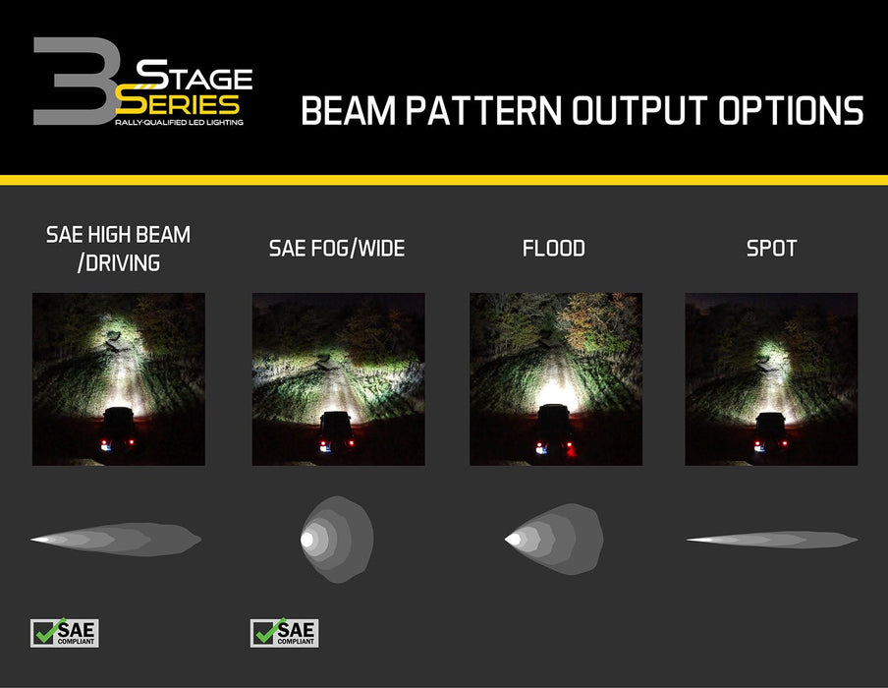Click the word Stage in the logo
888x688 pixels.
coord(194,76)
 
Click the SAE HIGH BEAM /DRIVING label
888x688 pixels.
coord(119,248)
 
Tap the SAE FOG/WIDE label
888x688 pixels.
coord(337,249)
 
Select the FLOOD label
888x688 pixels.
coord(554,249)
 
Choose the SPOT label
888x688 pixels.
coord(771,249)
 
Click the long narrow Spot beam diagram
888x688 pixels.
coord(771,540)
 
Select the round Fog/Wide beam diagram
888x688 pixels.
coord(336,540)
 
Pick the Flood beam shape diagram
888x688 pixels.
coord(553,539)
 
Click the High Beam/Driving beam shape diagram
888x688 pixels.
coord(116,540)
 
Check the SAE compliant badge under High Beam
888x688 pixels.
coord(65,633)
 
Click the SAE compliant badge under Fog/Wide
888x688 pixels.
coord(285,633)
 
